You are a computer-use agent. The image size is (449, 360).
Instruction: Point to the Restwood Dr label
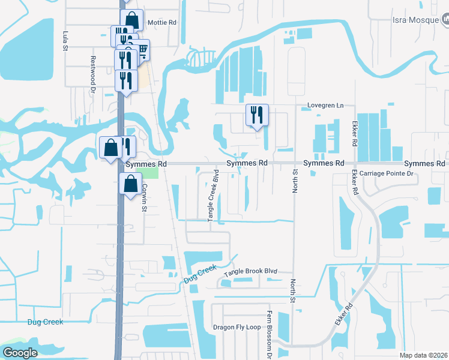(x=93, y=70)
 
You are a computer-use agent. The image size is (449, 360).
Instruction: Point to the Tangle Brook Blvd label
(x=250, y=272)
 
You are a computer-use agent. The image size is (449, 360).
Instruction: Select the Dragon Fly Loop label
(x=237, y=328)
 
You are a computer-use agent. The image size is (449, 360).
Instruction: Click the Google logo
(x=20, y=353)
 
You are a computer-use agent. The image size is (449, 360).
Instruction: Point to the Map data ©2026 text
(x=423, y=355)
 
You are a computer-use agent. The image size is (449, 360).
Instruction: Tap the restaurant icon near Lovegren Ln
(x=258, y=115)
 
